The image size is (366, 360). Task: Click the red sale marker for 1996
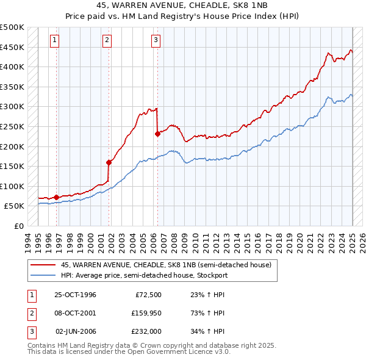[56, 197]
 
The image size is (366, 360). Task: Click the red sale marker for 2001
[109, 162]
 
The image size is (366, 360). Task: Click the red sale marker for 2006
[157, 134]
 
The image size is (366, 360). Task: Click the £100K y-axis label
[13, 186]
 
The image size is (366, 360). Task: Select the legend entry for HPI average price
[144, 275]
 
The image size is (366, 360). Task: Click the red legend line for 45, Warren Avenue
[43, 265]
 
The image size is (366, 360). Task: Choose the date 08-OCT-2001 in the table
[75, 313]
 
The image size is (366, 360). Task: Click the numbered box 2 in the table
[30, 313]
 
